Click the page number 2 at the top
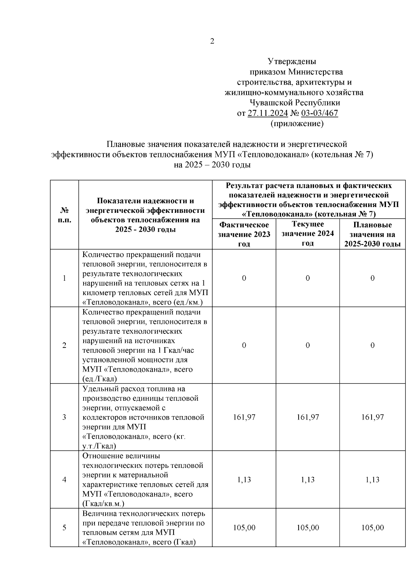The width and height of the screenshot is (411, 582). point(212,41)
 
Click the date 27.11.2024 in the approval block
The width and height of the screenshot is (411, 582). point(267,113)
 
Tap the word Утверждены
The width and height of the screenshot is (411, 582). point(292,62)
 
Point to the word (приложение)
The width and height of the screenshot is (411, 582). point(297,123)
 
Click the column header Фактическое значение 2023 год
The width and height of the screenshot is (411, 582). point(244,234)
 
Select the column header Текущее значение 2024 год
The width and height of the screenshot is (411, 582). point(308,234)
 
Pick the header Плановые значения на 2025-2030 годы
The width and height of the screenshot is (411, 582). point(372,234)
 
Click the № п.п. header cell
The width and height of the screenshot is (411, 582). point(64,215)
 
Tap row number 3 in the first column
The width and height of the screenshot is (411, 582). point(64,417)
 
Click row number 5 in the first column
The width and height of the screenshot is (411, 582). point(64,528)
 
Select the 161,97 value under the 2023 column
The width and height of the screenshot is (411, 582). point(244,417)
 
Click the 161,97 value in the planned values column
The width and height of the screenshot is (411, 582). point(372,417)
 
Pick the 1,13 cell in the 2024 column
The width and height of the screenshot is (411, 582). point(308,480)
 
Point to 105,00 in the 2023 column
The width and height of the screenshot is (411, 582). point(244,528)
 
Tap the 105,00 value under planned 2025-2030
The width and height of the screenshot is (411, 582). point(372,528)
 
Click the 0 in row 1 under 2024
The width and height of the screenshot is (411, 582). point(308,278)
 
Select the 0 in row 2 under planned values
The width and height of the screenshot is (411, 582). point(372,345)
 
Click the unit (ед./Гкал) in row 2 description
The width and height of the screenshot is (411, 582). point(100,379)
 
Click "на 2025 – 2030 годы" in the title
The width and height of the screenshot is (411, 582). point(212,165)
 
